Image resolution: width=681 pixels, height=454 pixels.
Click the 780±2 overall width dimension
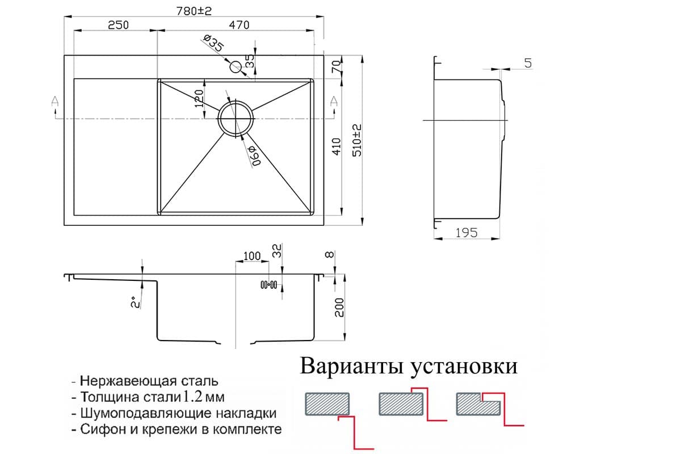click(194, 11)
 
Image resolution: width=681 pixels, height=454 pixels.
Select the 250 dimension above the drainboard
click(118, 25)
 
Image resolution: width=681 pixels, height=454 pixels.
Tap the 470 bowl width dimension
click(239, 25)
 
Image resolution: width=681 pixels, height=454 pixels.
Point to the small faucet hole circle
click(236, 67)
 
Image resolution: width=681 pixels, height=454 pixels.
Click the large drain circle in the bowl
click(236, 117)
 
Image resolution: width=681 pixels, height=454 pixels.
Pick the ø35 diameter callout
click(214, 43)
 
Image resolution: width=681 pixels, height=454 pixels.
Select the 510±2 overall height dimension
click(357, 140)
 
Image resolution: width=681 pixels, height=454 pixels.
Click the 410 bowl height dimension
click(337, 146)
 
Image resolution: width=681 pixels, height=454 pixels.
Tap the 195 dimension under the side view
click(466, 233)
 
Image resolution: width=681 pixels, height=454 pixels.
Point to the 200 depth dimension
click(339, 308)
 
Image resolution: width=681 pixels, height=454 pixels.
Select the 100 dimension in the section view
click(252, 256)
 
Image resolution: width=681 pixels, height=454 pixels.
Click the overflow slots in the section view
click(269, 285)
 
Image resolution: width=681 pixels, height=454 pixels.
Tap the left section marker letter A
click(55, 101)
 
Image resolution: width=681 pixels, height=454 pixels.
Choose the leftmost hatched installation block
click(327, 404)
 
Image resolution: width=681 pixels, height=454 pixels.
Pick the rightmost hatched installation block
click(478, 404)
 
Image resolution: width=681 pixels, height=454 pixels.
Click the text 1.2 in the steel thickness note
click(193, 397)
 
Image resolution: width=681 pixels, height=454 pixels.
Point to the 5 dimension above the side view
click(528, 63)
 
